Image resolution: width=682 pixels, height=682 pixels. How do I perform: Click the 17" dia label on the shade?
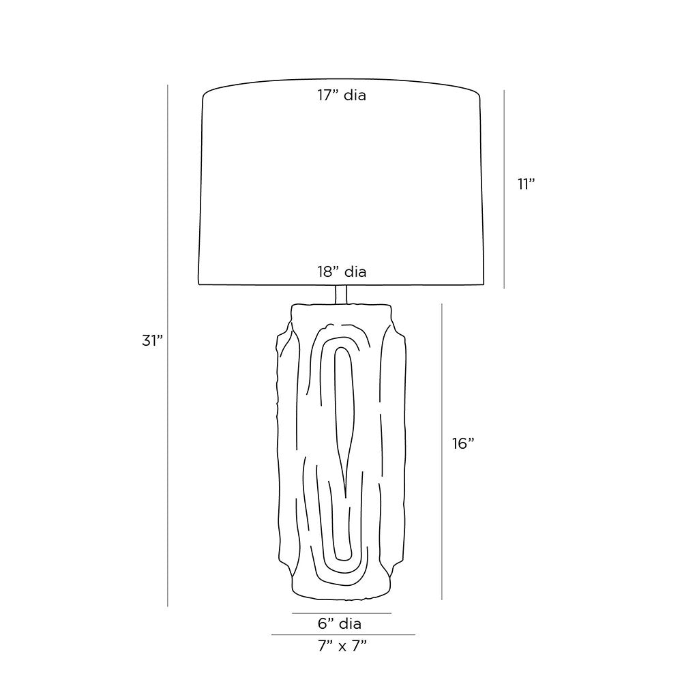pos(342,95)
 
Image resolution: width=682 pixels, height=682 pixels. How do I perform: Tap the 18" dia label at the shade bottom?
pos(342,272)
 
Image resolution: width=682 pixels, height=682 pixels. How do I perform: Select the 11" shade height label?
pos(526,184)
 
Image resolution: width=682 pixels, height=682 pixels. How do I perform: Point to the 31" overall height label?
pos(152,340)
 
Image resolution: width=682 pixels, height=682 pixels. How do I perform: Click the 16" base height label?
pos(463,444)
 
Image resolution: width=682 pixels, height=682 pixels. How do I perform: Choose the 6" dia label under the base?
pos(340,624)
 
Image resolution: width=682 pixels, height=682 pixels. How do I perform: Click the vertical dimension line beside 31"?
pos(168,346)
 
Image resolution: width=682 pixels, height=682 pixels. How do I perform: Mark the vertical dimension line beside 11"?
pos(504,189)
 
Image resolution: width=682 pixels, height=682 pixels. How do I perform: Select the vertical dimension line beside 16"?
pos(442,452)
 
